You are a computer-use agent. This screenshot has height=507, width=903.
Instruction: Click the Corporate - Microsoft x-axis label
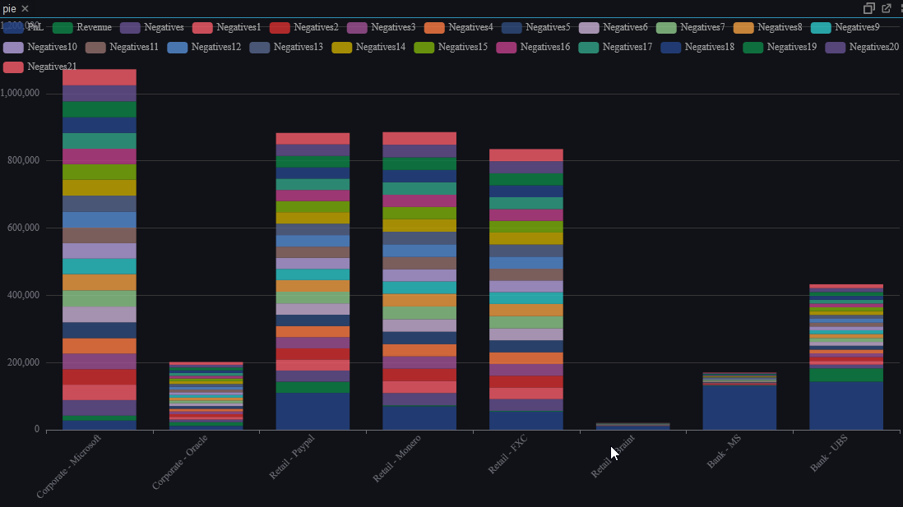tap(69, 466)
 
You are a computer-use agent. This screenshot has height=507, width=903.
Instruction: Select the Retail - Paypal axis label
tap(293, 457)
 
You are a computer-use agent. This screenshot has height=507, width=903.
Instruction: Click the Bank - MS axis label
tap(725, 452)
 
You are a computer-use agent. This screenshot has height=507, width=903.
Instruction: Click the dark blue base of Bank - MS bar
tap(739, 408)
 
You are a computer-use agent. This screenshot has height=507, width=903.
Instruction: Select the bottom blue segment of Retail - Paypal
tap(313, 411)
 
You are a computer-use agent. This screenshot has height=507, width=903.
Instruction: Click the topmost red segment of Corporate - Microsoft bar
tap(99, 77)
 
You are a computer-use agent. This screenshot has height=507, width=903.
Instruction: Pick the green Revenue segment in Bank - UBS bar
tap(846, 375)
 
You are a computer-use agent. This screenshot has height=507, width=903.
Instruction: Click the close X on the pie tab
tap(25, 8)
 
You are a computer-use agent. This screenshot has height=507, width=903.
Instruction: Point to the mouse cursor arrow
tap(614, 453)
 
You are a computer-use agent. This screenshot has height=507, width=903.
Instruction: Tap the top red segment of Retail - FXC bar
tap(526, 154)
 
